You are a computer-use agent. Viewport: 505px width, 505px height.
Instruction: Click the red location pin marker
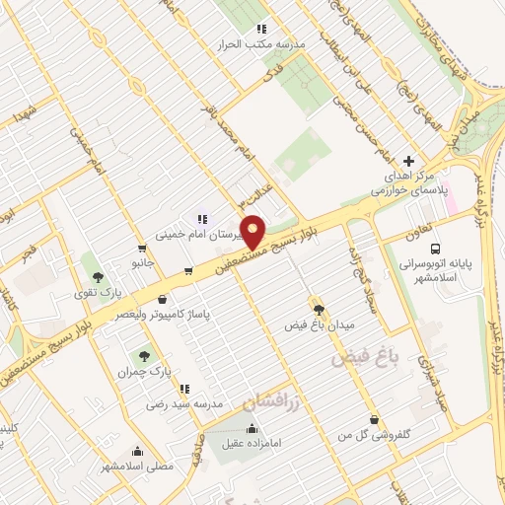click(x=253, y=234)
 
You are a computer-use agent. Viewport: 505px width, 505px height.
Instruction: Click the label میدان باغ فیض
click(x=319, y=325)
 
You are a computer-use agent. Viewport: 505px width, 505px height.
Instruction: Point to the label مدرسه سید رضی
click(x=180, y=403)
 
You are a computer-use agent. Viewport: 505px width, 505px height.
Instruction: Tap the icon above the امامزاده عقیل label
click(x=252, y=428)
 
